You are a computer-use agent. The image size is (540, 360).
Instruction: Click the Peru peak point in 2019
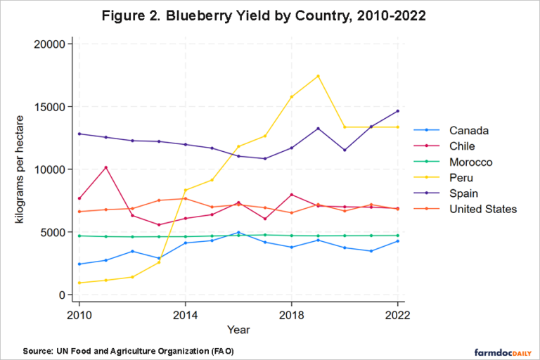pyautogui.click(x=319, y=76)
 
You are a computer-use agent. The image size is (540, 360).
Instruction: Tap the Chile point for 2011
pyautogui.click(x=105, y=167)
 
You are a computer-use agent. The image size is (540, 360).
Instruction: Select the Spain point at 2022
pyautogui.click(x=398, y=111)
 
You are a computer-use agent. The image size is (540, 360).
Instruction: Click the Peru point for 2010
pyautogui.click(x=79, y=283)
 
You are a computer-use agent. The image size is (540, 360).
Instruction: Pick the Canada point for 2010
pyautogui.click(x=79, y=264)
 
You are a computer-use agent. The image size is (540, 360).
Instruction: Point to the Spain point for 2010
pyautogui.click(x=79, y=134)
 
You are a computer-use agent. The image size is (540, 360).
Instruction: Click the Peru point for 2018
pyautogui.click(x=292, y=96)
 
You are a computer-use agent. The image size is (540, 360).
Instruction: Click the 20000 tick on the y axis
pyautogui.click(x=50, y=44)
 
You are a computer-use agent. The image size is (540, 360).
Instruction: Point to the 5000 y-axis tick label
pyautogui.click(x=53, y=232)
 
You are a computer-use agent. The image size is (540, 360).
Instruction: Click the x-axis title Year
pyautogui.click(x=238, y=328)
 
